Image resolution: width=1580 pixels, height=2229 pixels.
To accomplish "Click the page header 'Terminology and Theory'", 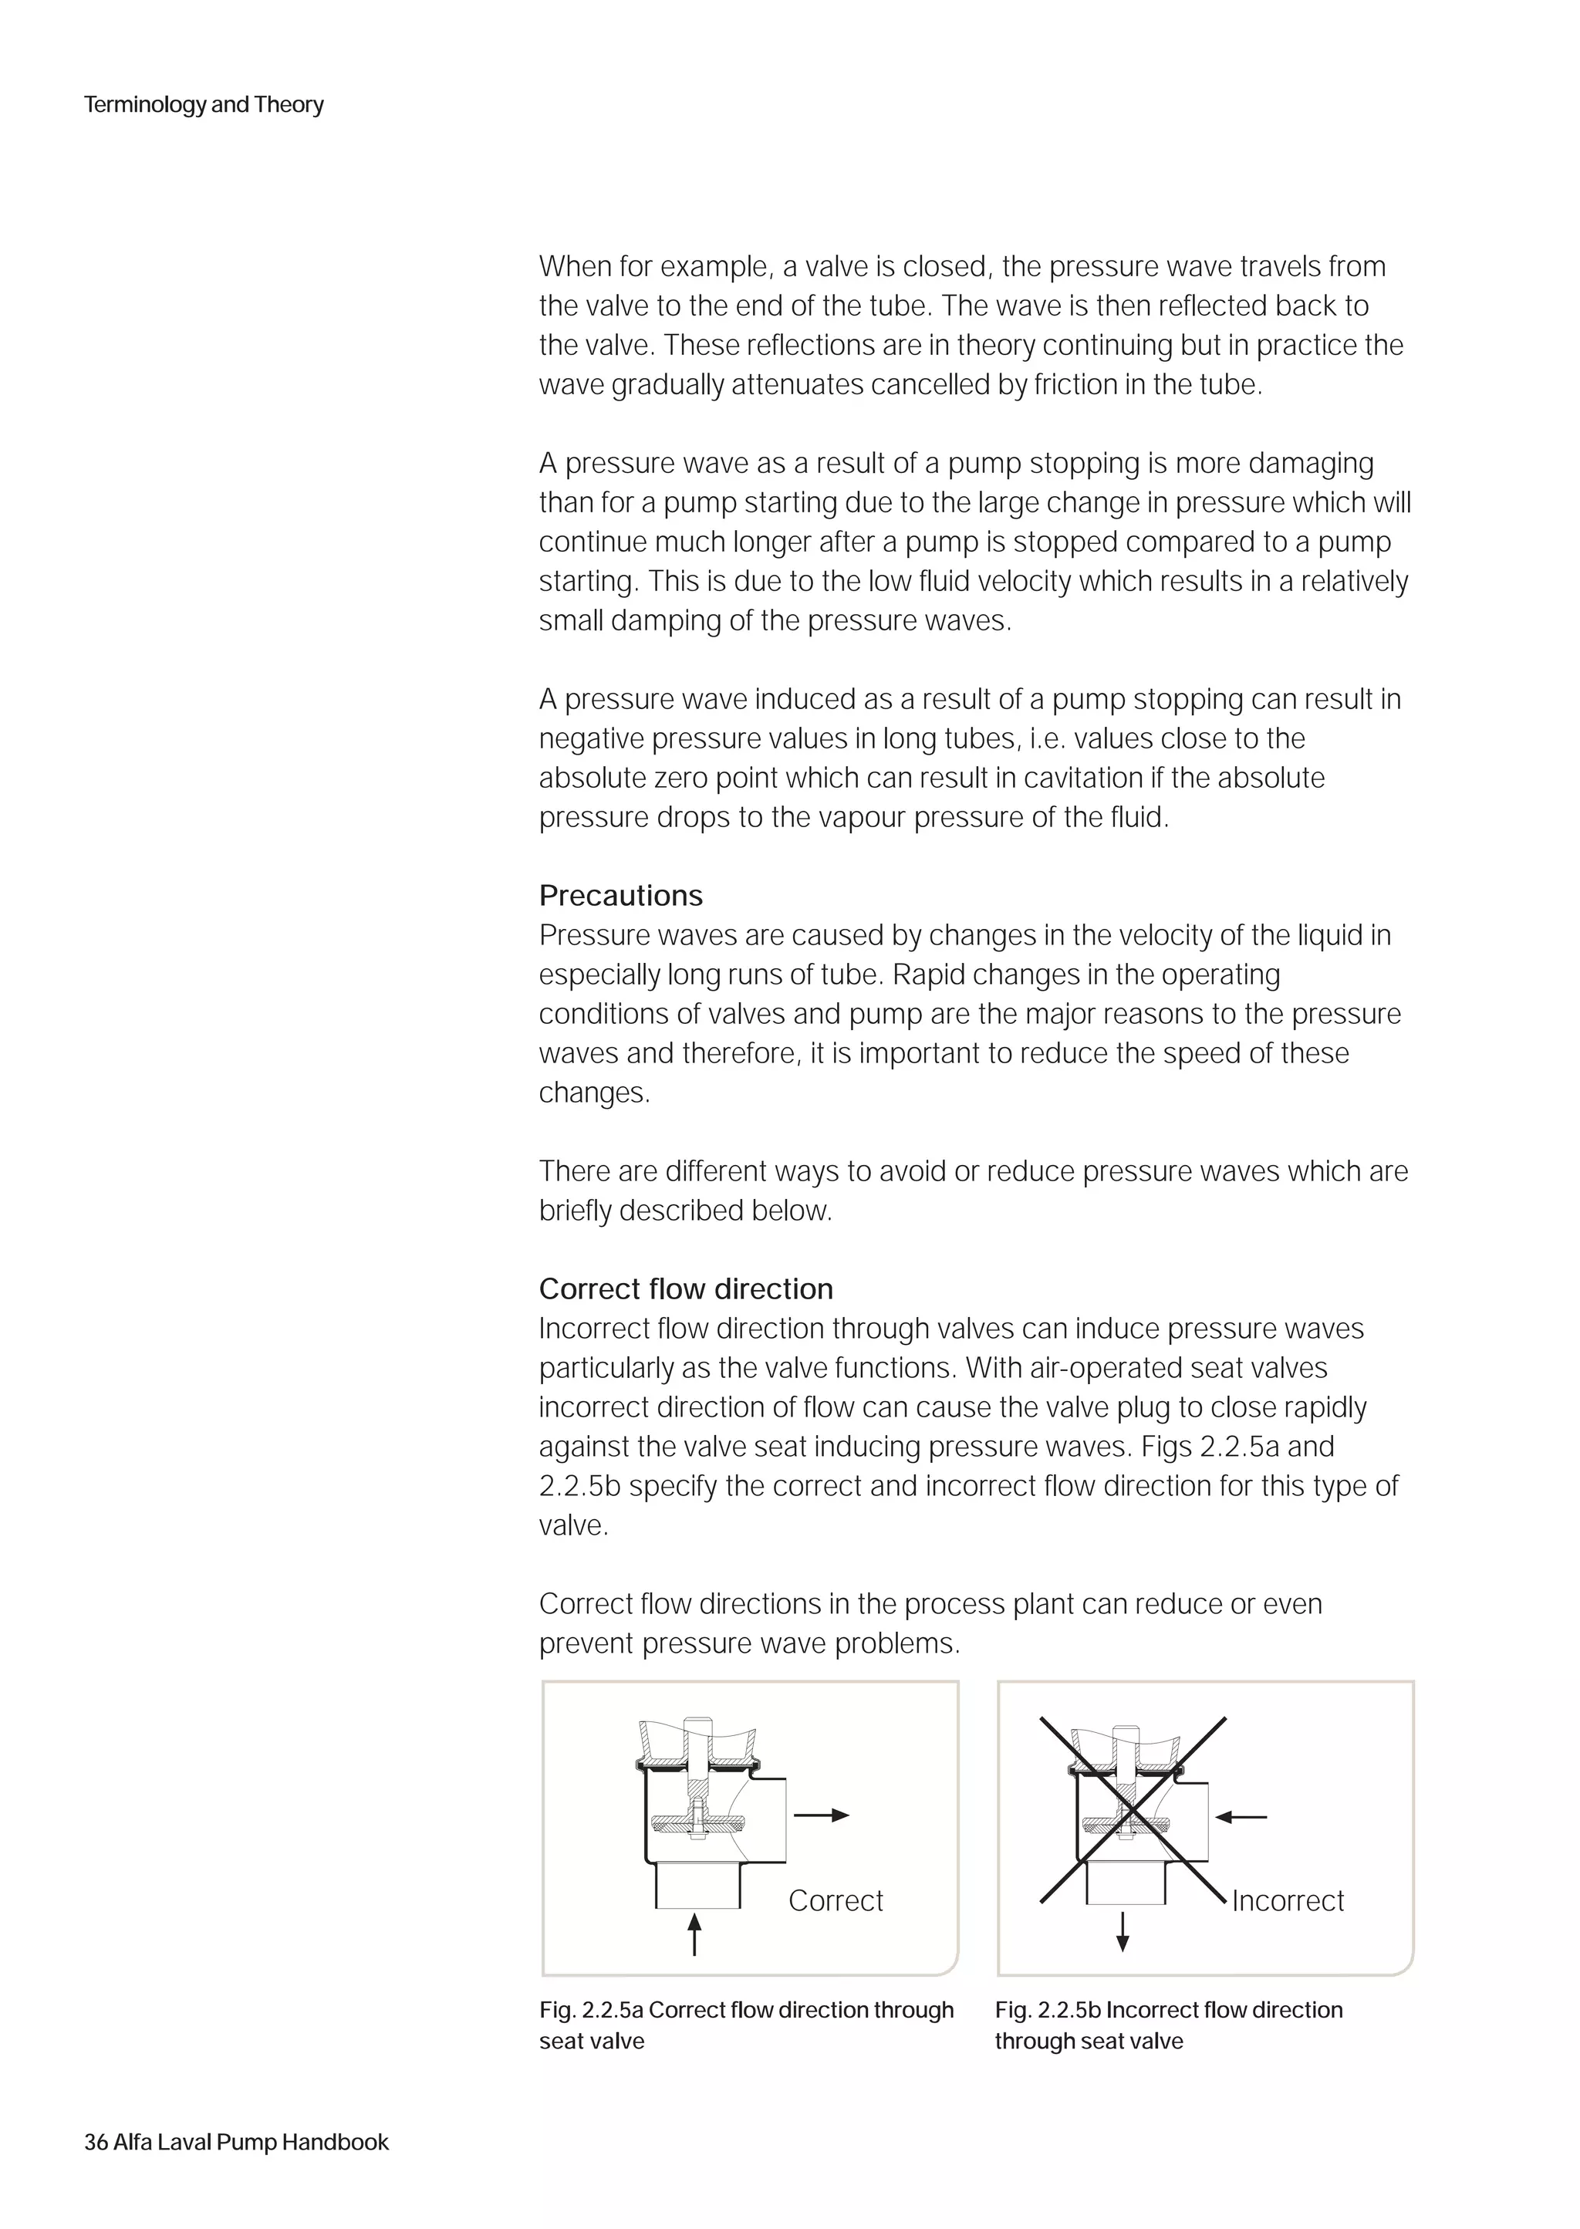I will [204, 104].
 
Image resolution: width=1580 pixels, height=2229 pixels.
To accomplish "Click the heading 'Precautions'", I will [621, 895].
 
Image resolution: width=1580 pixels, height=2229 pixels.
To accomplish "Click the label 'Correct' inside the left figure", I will [835, 1900].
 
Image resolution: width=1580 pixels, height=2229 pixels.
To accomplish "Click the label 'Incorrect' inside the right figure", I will [1287, 1900].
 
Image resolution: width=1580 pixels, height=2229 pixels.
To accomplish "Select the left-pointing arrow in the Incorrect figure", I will [1241, 1815].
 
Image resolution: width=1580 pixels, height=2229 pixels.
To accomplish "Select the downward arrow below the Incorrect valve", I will [1123, 1931].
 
